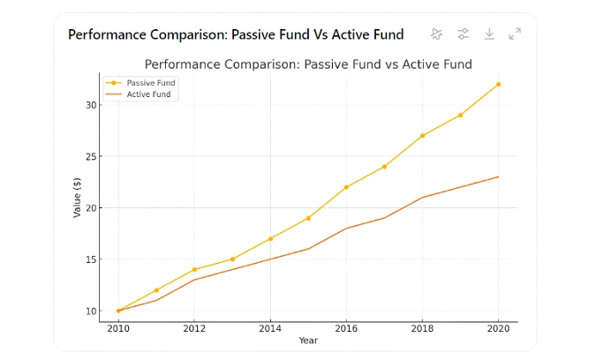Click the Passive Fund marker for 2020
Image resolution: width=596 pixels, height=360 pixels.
(498, 85)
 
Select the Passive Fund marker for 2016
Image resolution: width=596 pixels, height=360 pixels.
(346, 187)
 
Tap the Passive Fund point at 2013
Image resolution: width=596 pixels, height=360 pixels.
(232, 259)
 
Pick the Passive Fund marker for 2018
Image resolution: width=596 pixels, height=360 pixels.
(422, 136)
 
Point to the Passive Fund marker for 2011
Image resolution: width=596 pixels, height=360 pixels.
(156, 290)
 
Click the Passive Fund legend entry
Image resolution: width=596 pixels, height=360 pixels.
(140, 83)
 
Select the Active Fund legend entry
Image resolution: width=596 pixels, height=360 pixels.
(138, 94)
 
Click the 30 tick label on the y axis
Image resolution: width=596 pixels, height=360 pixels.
(91, 105)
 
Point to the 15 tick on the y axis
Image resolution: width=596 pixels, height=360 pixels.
(91, 259)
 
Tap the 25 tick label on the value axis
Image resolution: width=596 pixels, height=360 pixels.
(91, 156)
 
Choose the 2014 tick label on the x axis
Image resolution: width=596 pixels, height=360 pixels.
(270, 328)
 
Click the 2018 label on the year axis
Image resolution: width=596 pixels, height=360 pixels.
(422, 328)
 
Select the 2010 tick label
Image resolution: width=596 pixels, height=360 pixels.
(118, 328)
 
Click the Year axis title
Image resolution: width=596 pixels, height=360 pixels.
(308, 341)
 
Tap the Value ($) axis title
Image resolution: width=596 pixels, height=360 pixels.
(77, 198)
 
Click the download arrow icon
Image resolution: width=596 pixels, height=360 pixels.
(489, 34)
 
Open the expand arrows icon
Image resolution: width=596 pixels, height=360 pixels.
(515, 34)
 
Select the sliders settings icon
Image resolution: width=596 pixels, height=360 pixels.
(463, 34)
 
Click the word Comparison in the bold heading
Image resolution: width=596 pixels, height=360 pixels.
(189, 35)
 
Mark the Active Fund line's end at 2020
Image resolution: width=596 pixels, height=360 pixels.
(498, 177)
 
